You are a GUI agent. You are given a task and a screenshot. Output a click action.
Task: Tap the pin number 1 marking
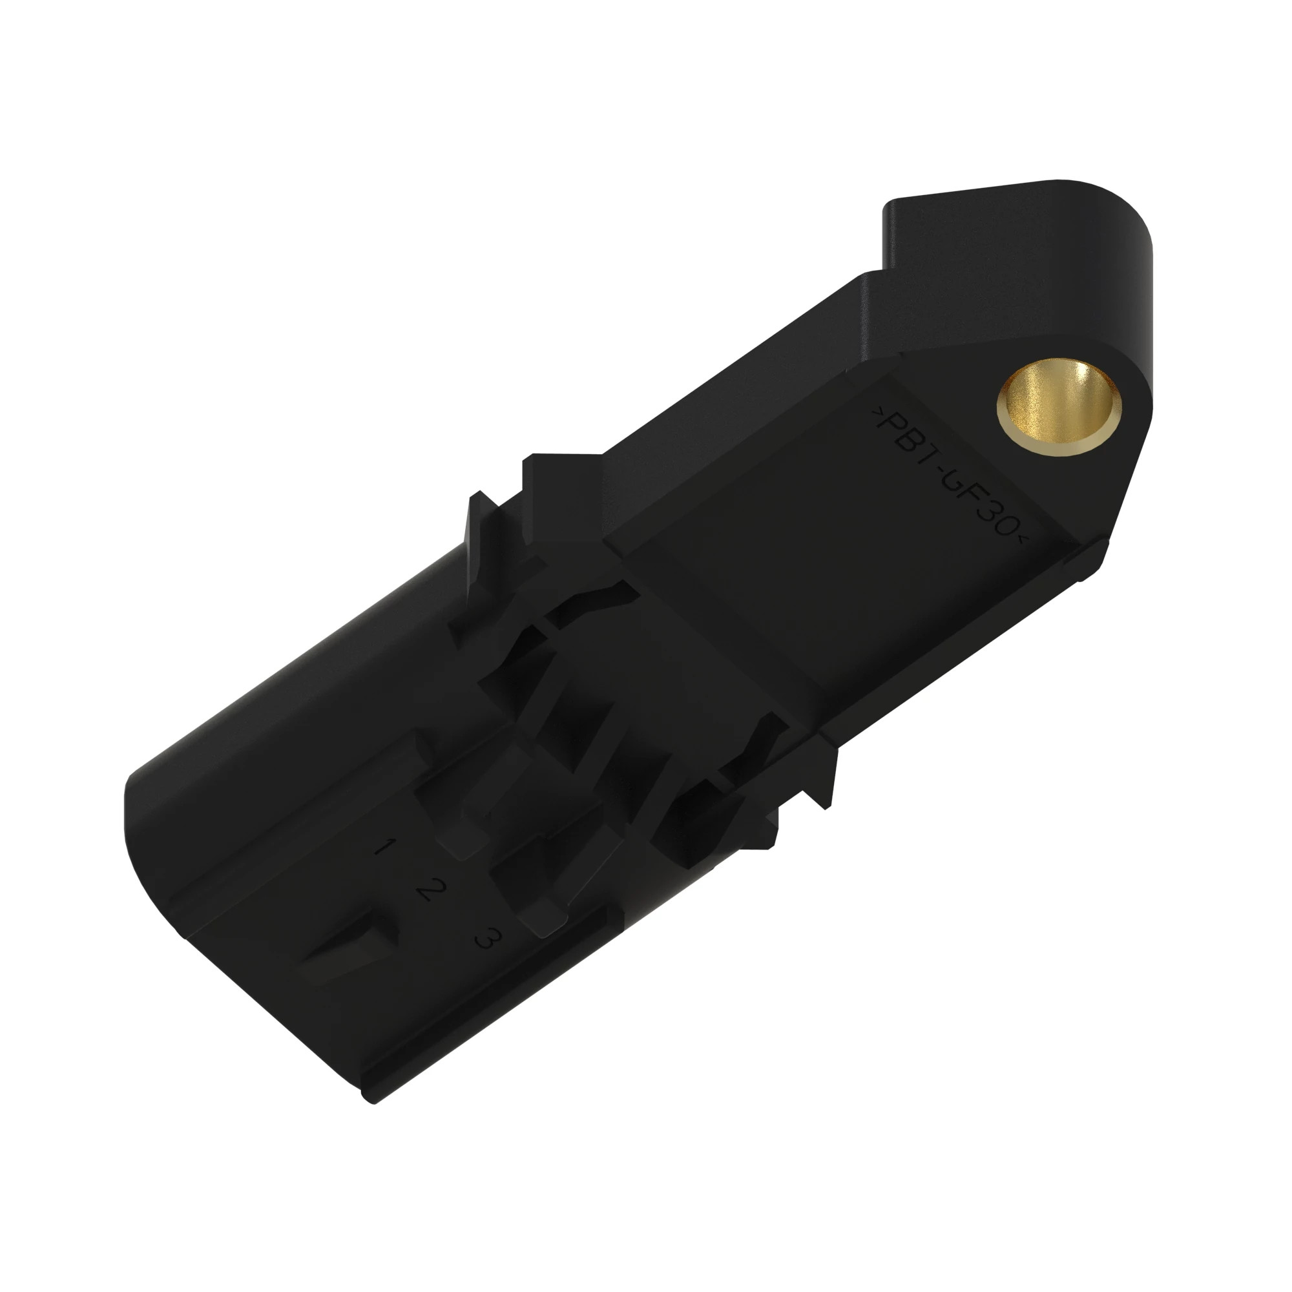click(x=382, y=848)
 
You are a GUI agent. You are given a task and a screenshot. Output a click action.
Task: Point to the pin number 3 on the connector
click(x=487, y=938)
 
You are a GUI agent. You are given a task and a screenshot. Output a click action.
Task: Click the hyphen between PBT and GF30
click(x=950, y=479)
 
